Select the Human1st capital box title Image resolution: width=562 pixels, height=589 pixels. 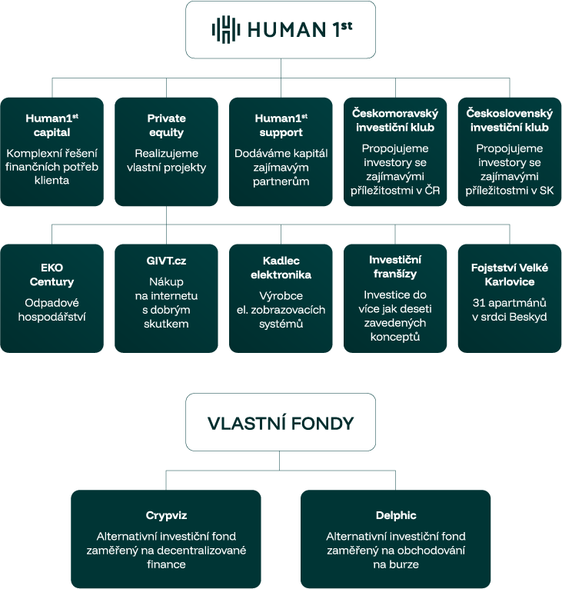coord(52,125)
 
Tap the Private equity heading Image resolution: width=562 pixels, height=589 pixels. coord(166,125)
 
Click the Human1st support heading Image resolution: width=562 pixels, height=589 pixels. coord(281,125)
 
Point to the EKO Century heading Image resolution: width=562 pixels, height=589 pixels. coord(52,275)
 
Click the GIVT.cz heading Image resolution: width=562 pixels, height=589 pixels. coord(166,261)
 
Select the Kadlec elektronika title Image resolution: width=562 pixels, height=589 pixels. coord(281,268)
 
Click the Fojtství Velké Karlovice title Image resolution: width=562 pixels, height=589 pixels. coord(509,275)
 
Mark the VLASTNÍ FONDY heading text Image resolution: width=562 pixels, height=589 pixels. coord(281,423)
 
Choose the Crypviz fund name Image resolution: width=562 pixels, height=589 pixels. coord(166,515)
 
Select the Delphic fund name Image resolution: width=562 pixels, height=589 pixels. coord(395,515)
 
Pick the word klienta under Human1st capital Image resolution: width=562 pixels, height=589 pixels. coord(52,181)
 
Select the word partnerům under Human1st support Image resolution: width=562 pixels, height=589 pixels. coord(281,181)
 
